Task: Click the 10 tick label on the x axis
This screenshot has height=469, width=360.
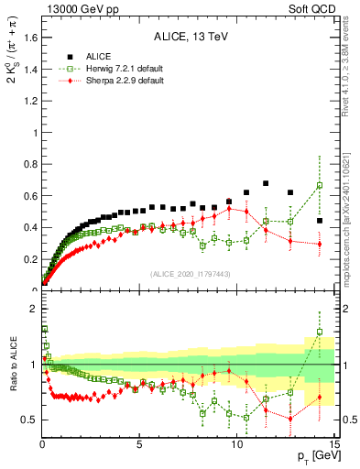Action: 236,444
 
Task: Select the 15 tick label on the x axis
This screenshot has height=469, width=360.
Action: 333,444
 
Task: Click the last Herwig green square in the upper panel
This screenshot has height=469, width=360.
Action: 320,186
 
